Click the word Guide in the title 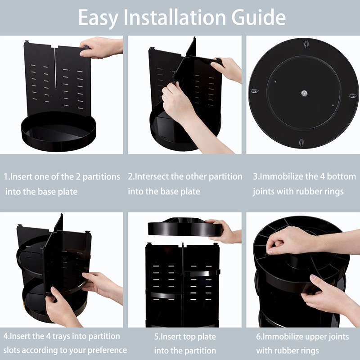pyautogui.click(x=258, y=17)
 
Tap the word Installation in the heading pyautogui.click(x=175, y=17)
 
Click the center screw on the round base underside pyautogui.click(x=304, y=93)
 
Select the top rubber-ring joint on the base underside pyautogui.click(x=306, y=44)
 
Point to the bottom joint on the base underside pyautogui.click(x=301, y=143)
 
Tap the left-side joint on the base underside pyautogui.click(x=254, y=91)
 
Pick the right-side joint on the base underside pyautogui.click(x=353, y=95)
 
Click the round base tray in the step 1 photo pyautogui.click(x=58, y=131)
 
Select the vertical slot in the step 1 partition pyautogui.click(x=55, y=68)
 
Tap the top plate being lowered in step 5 pyautogui.click(x=185, y=227)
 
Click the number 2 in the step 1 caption pyautogui.click(x=78, y=177)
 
